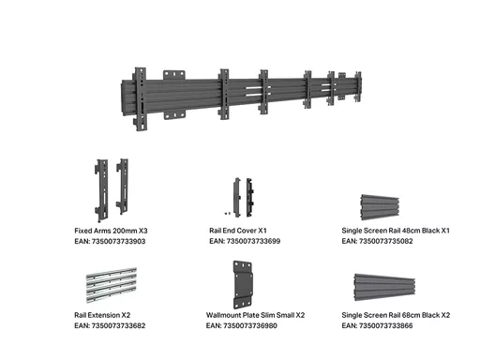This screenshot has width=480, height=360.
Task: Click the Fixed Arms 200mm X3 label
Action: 111,231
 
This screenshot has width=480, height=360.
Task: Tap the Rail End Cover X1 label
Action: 238,231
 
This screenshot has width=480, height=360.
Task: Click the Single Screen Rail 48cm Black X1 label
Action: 396,231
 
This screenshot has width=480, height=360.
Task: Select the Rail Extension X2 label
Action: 102,315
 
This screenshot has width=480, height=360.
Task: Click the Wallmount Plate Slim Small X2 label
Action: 255,315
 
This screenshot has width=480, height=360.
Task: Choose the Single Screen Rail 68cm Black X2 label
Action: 396,315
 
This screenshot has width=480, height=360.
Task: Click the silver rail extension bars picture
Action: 112,285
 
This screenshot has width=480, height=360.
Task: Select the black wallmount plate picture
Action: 243,285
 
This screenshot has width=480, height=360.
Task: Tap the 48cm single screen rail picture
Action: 380,207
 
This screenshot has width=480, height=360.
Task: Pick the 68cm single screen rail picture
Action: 384,288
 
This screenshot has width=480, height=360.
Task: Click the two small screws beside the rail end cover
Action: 228,214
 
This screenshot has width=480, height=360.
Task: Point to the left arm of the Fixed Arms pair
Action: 102,190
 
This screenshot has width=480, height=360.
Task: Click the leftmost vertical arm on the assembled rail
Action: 140,98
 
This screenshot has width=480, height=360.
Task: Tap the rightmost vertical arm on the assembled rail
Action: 358,86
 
